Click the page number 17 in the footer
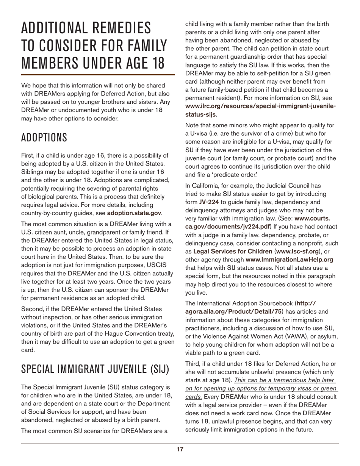click(x=180, y=449)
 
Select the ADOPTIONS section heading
click(x=44, y=137)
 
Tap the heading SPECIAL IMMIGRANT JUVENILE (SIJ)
click(x=95, y=369)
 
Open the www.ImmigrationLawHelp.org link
click(x=289, y=260)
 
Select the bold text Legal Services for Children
click(x=225, y=251)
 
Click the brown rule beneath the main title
click(x=98, y=75)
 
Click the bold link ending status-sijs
click(x=200, y=114)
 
